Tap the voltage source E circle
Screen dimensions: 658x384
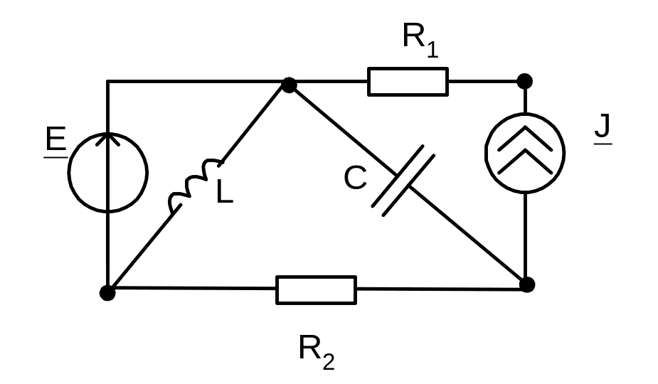click(68, 173)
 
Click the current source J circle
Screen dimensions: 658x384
click(485, 153)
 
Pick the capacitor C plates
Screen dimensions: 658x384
click(403, 181)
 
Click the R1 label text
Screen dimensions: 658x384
click(420, 40)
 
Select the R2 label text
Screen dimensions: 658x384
click(317, 353)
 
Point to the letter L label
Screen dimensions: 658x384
click(225, 192)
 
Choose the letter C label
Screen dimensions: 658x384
click(356, 178)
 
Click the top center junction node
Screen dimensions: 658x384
click(289, 85)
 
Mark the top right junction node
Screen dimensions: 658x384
click(524, 81)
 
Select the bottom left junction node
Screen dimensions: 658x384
click(107, 292)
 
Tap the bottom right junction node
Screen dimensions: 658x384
click(527, 284)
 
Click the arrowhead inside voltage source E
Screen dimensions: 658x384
click(108, 139)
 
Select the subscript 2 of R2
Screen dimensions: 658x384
click(329, 362)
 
